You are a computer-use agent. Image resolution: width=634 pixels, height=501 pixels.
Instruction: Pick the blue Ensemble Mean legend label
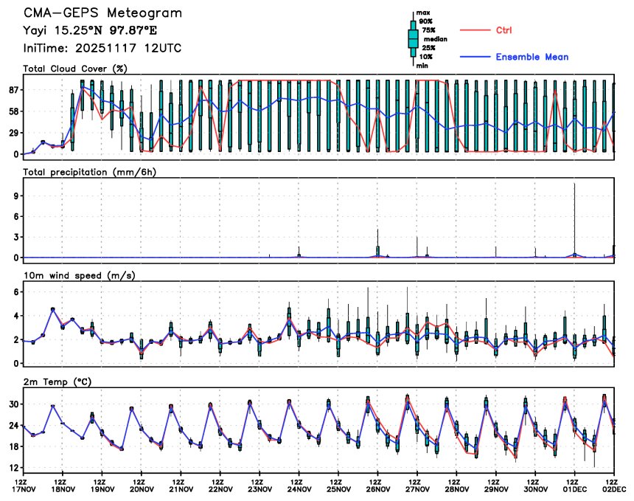(x=532, y=57)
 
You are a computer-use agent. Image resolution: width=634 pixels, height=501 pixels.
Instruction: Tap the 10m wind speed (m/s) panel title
(x=80, y=276)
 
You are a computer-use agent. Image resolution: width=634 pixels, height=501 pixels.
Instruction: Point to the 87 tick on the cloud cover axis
(x=13, y=90)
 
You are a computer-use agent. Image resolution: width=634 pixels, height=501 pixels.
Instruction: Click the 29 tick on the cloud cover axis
(x=13, y=133)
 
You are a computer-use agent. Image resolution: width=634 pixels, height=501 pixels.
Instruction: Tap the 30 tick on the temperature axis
(x=13, y=404)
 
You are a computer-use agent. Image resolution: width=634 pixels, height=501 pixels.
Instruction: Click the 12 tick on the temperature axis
(x=13, y=468)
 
